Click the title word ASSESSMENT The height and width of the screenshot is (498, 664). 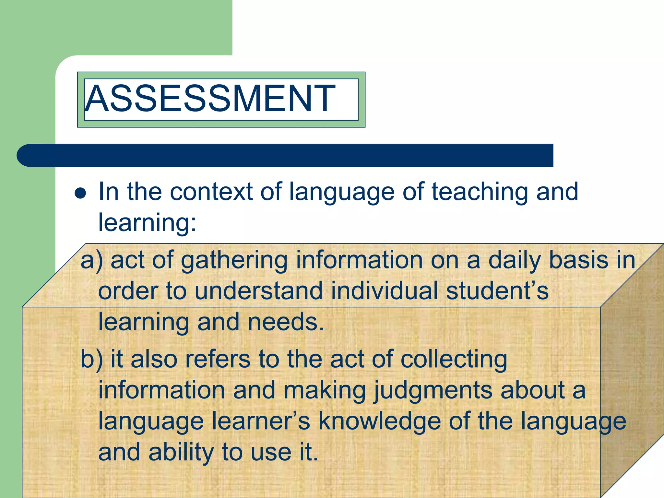pos(210,98)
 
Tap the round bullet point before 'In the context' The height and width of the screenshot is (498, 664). pos(80,194)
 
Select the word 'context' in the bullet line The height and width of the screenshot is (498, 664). pos(211,192)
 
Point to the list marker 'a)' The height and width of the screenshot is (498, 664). pos(91,260)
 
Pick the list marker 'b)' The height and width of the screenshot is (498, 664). pos(91,359)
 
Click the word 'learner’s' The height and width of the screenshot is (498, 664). pos(261,421)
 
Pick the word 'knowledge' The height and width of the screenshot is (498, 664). pos(380,422)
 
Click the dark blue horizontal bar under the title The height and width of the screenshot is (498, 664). pos(285,155)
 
